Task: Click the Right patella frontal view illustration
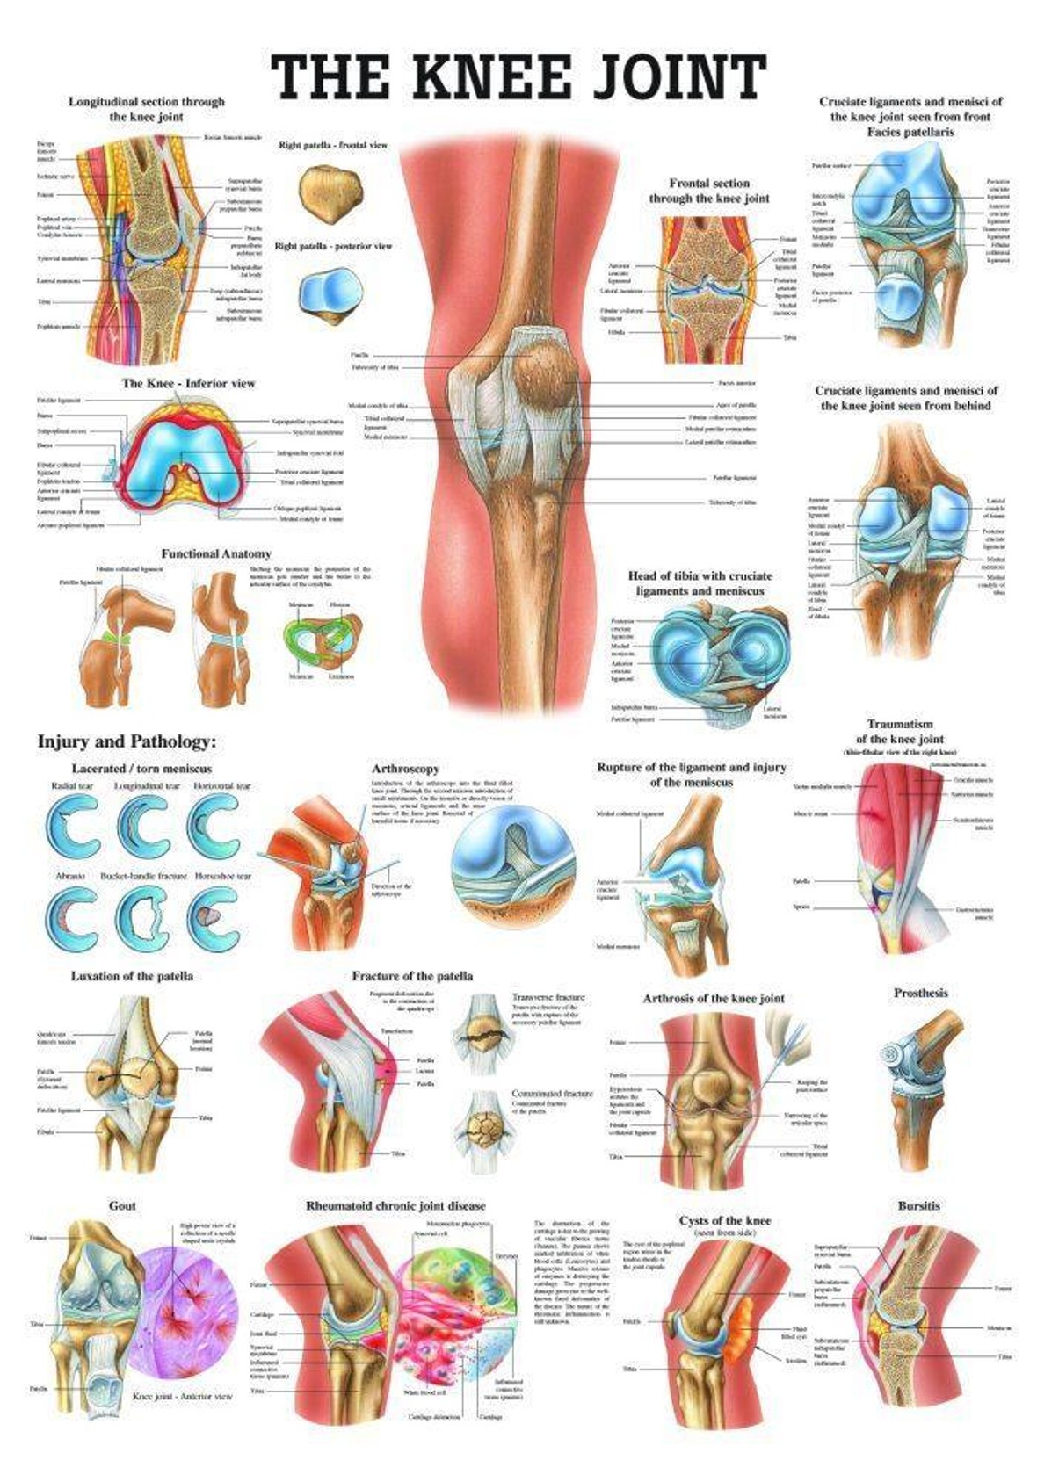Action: coord(330,192)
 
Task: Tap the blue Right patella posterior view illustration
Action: coord(330,294)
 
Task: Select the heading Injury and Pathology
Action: coord(127,742)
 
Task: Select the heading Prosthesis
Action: coord(920,993)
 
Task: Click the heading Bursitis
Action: coord(918,1205)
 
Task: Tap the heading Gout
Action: coord(122,1205)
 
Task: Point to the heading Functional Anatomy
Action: coord(216,553)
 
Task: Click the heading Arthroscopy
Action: coord(404,769)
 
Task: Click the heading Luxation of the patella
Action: coord(132,976)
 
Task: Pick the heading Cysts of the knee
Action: coord(724,1220)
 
